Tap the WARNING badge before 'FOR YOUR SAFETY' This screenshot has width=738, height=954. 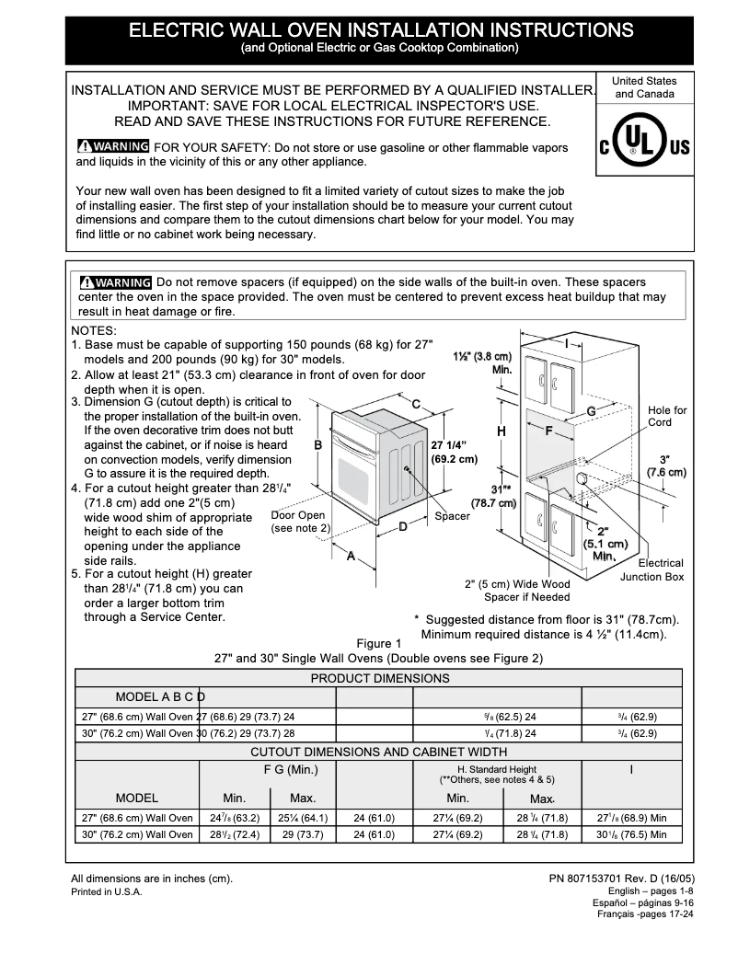pos(113,147)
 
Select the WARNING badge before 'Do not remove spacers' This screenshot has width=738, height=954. pos(115,282)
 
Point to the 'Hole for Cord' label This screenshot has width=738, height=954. pos(667,417)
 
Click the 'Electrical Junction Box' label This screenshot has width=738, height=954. pos(652,569)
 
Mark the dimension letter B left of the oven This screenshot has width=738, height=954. pos(317,445)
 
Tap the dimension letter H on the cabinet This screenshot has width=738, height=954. pos(502,431)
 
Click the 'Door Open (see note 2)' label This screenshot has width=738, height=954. pos(299,522)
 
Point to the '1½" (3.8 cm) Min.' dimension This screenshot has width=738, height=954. pos(483,362)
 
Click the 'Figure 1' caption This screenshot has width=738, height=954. pos(379,643)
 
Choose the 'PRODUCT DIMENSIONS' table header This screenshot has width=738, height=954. pos(379,678)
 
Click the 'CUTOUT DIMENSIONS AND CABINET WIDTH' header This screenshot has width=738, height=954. pos(379,752)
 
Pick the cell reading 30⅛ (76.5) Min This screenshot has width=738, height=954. pos(631,834)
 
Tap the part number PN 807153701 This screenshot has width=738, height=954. pos(621,879)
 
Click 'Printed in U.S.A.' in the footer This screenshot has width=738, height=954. pos(107,892)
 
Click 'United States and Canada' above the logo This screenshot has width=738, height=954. pos(644,87)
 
